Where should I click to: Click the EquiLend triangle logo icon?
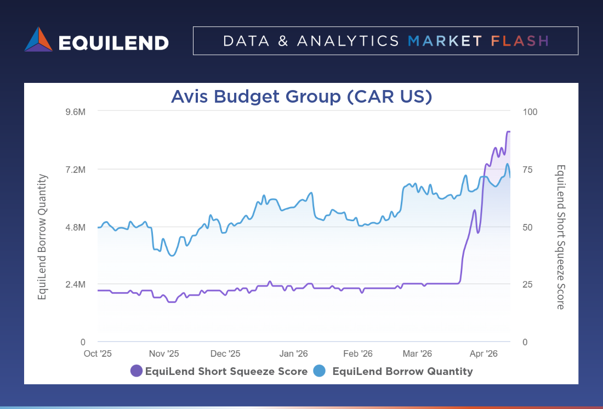(x=38, y=40)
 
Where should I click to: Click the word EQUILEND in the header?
(x=113, y=42)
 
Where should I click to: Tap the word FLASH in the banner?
(x=520, y=41)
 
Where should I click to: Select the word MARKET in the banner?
(x=445, y=41)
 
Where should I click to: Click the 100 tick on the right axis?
(x=530, y=112)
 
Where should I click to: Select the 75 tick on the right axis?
(x=527, y=170)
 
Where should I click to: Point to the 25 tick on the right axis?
(x=527, y=284)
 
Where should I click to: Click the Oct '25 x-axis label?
(x=98, y=354)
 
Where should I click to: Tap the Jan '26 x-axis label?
(x=294, y=354)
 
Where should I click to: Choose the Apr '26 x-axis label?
(x=484, y=354)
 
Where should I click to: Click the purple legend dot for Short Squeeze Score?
(x=136, y=371)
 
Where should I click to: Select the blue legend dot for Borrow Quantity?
(x=320, y=371)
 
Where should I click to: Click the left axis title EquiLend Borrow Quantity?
(x=42, y=237)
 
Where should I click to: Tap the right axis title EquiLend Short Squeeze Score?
(x=560, y=237)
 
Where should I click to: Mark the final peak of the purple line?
(x=509, y=132)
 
